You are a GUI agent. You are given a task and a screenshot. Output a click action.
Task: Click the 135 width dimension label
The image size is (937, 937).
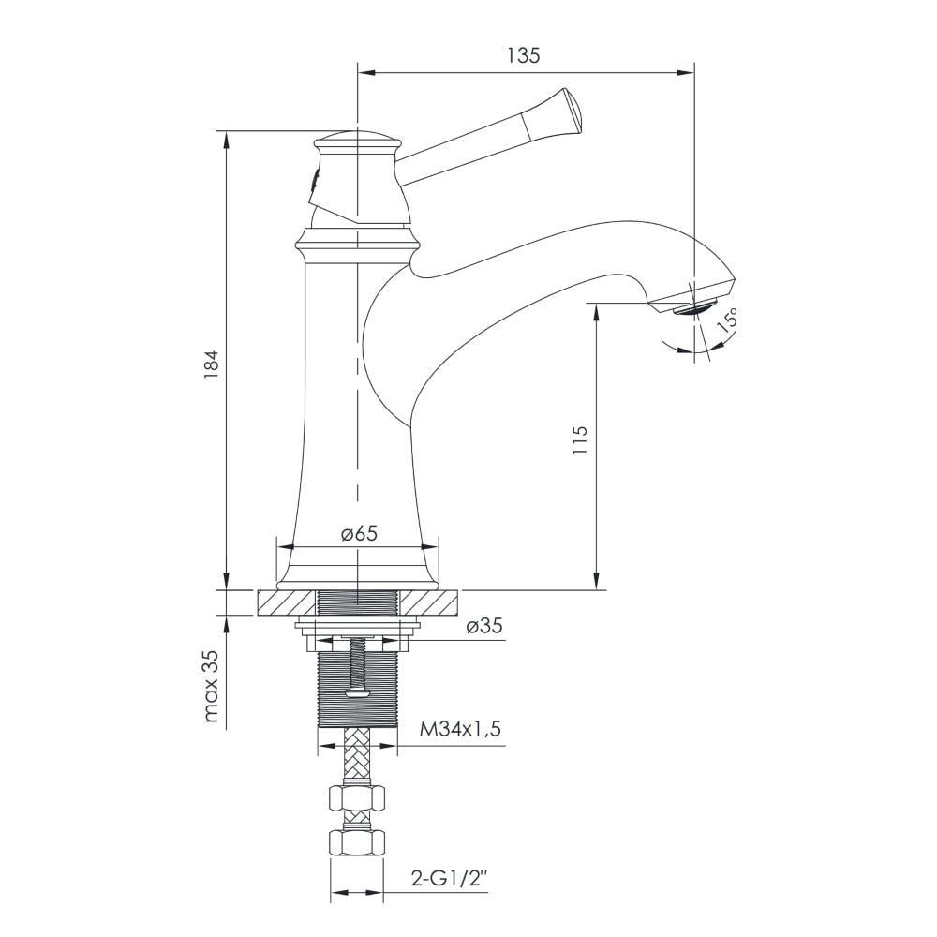coord(524,55)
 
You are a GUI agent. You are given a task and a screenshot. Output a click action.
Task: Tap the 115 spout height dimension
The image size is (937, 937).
coord(580,440)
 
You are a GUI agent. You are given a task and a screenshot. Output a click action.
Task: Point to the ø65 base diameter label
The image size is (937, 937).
coord(359,533)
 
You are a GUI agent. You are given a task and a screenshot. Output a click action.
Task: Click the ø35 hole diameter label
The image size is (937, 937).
coord(484,626)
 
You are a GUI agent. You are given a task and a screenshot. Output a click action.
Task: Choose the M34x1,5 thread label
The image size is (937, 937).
coord(460,729)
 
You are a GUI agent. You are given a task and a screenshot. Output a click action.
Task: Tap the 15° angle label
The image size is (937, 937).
coord(728,320)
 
